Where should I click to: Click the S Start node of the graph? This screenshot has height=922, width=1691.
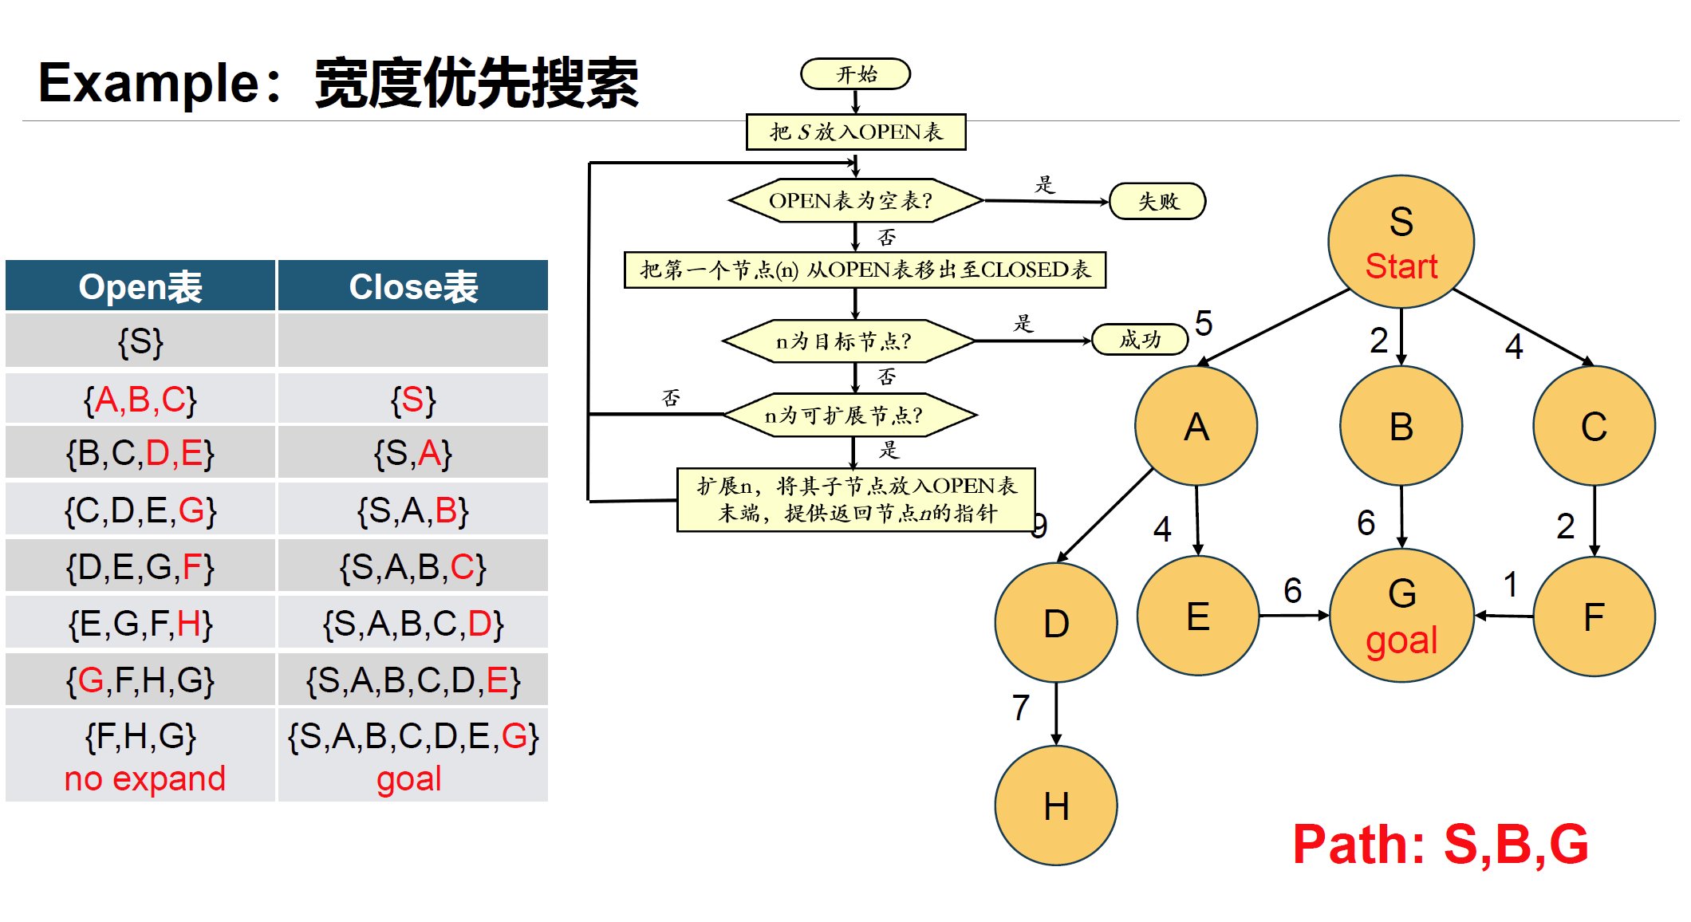(1401, 242)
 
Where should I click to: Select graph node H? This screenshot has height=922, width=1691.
(1056, 806)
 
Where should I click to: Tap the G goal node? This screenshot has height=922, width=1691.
(1401, 616)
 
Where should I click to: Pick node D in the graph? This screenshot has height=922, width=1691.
(1056, 623)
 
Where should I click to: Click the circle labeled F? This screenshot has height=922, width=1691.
(1594, 617)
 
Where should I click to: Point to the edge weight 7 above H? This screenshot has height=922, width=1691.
(1021, 707)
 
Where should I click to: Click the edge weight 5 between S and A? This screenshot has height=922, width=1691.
(1204, 323)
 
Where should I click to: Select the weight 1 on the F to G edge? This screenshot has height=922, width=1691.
(1510, 585)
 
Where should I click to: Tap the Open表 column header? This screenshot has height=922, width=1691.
(140, 286)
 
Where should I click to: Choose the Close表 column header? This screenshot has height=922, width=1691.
(413, 286)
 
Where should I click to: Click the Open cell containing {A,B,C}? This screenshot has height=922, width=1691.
(140, 400)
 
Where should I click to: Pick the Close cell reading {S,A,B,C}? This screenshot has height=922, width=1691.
(413, 567)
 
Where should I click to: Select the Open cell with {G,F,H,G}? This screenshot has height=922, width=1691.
(140, 680)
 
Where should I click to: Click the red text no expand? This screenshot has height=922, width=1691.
(145, 778)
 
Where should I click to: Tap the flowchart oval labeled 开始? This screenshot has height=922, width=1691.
(856, 74)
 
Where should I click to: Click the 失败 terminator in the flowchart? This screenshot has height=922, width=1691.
(1157, 201)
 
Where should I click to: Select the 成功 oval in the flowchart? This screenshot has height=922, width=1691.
(1139, 340)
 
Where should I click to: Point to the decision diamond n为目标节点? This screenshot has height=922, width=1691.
(848, 341)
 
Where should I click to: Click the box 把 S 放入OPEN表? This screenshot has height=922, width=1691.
(856, 132)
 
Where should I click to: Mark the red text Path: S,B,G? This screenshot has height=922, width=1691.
(1441, 844)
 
